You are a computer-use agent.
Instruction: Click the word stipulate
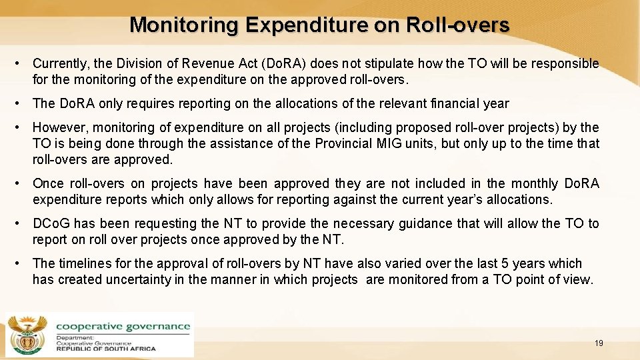pos(399,64)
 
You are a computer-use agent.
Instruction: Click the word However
pos(59,127)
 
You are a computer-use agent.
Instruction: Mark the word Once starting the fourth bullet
pos(48,183)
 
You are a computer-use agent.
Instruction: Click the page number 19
pos(599,343)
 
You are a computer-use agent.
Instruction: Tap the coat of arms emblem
pos(27,334)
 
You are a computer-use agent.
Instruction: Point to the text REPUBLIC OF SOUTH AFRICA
pos(106,348)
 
